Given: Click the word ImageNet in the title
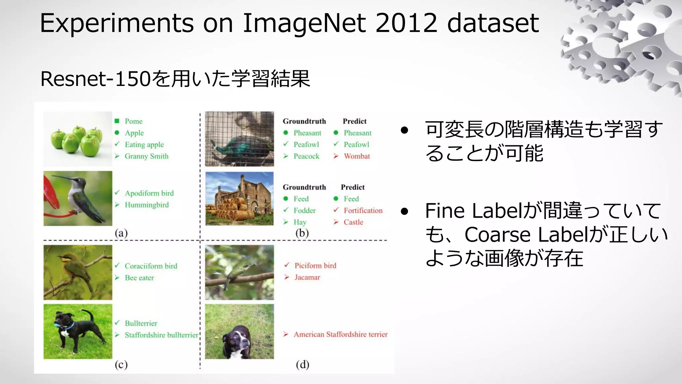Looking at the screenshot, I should tap(304, 23).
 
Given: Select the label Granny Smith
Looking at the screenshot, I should tap(147, 156).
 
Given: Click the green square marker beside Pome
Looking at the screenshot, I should tap(117, 121).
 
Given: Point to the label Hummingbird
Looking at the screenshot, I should tap(147, 205).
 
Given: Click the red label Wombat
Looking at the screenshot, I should tap(357, 156).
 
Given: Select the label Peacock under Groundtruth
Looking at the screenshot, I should tap(306, 156).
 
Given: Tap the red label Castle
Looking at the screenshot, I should tap(353, 222).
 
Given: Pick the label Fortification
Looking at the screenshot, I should tap(363, 211).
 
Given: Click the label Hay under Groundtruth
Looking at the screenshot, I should tap(300, 222).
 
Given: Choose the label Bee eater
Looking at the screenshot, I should tap(139, 278).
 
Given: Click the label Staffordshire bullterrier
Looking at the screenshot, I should tap(161, 335).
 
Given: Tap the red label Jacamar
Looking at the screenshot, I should tap(307, 277).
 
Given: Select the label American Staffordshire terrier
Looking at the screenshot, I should tap(340, 334).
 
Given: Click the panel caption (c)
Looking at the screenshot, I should tap(121, 365).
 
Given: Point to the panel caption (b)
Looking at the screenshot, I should tap(302, 233).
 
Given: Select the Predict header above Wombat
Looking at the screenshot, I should tap(354, 121).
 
